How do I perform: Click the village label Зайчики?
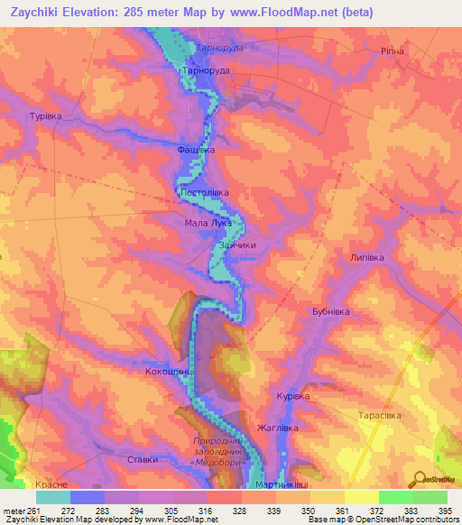237,244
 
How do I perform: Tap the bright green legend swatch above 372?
395,497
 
